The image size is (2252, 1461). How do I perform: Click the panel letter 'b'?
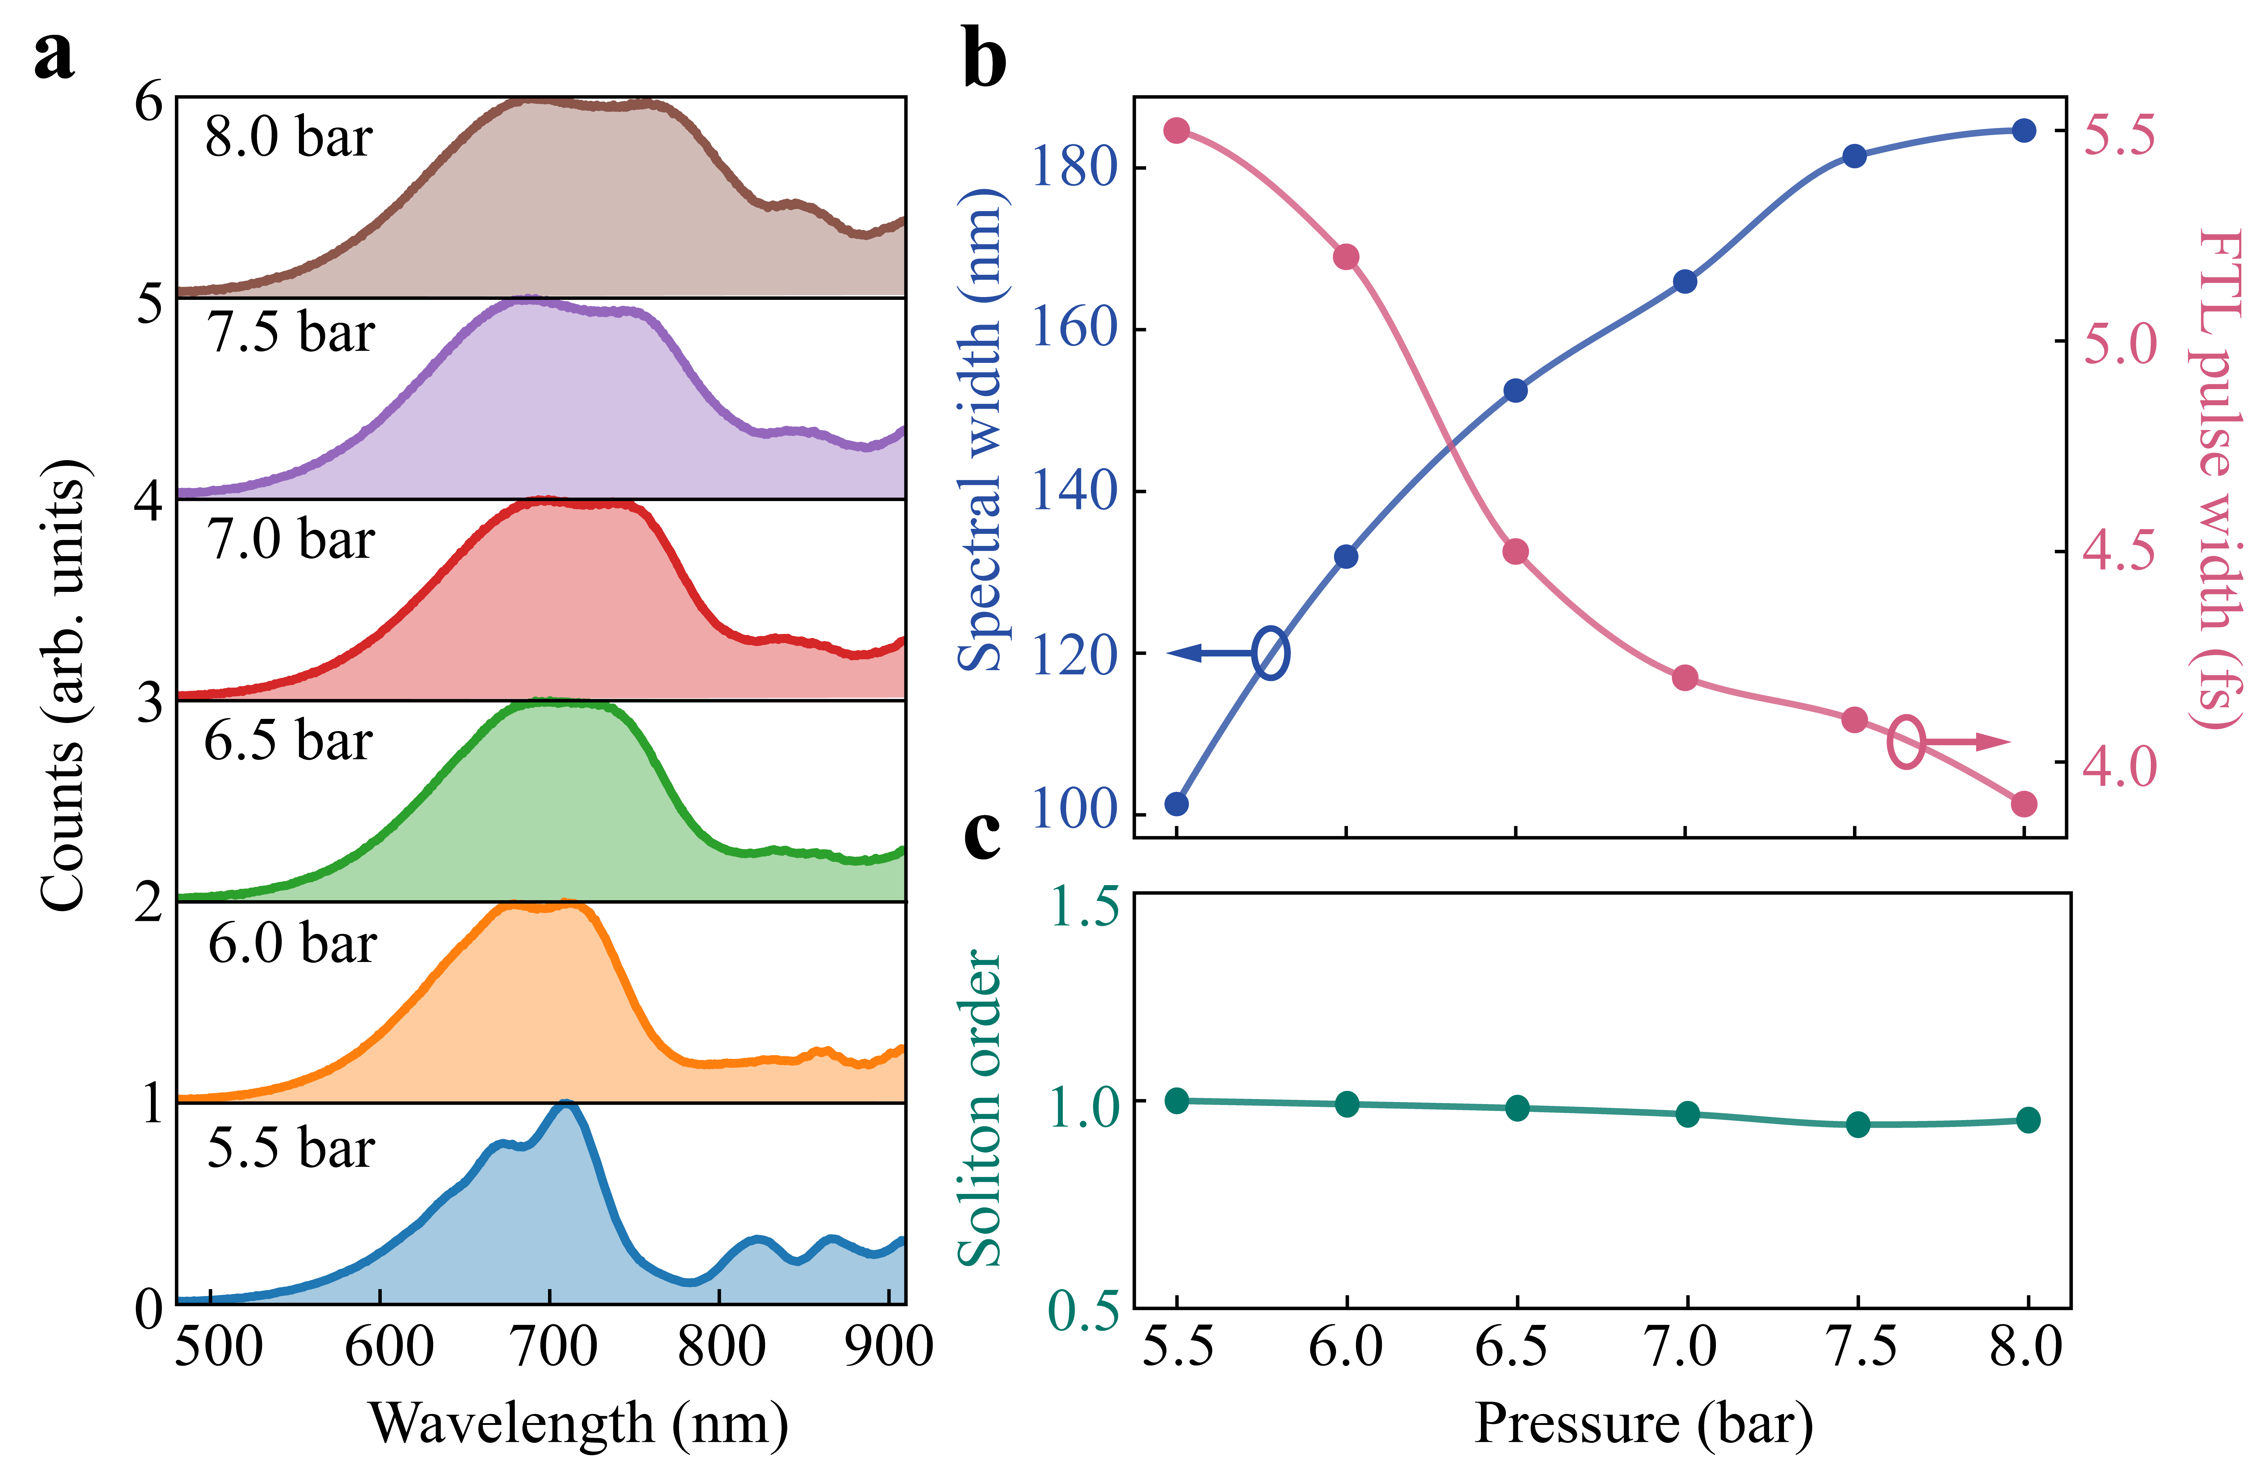tap(984, 59)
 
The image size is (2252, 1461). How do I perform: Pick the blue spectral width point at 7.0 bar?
tap(1684, 281)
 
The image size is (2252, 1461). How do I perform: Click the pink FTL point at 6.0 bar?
tap(1345, 257)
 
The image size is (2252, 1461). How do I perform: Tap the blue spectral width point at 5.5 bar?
tap(1176, 803)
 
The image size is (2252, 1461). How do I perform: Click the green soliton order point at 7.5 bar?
tap(1857, 1124)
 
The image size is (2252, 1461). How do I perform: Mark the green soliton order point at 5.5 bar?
tap(1176, 1101)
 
